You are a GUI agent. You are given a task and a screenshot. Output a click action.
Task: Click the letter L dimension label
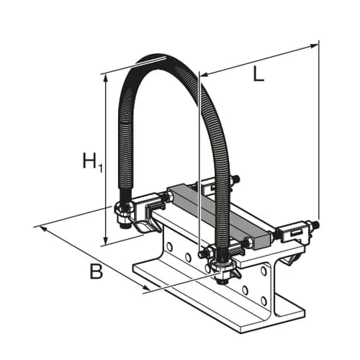[258, 73]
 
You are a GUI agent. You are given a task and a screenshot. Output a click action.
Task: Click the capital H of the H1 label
[89, 160]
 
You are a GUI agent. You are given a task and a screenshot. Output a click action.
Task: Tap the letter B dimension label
[96, 271]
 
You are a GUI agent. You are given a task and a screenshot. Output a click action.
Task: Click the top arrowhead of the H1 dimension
[105, 77]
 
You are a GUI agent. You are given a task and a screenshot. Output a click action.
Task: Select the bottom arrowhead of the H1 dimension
[105, 240]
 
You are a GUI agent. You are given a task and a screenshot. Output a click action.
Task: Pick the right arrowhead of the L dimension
[314, 46]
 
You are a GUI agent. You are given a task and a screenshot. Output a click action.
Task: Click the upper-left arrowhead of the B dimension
[43, 229]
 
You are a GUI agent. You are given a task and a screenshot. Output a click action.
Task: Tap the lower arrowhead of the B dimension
[146, 287]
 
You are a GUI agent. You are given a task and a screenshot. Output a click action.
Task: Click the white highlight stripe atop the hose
[150, 60]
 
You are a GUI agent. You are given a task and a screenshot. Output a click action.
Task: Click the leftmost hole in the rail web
[170, 247]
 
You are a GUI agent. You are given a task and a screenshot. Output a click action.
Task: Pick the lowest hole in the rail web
[264, 300]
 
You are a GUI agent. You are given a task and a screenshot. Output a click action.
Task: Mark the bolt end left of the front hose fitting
[202, 253]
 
